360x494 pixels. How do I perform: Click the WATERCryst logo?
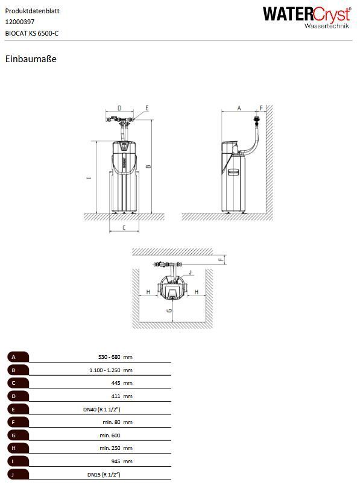coord(307,18)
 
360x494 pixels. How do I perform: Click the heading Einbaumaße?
coord(31,59)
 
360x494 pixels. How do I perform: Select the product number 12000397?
coord(20,22)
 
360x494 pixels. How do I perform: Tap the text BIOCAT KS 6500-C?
coord(32,33)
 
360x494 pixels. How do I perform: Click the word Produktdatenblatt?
coord(32,11)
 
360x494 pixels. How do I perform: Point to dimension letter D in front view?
coord(119,108)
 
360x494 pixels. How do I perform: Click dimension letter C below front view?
coord(124,227)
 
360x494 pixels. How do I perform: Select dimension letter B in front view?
coord(149,166)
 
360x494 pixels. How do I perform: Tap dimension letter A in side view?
coord(239,108)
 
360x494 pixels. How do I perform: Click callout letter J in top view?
coord(190,273)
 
